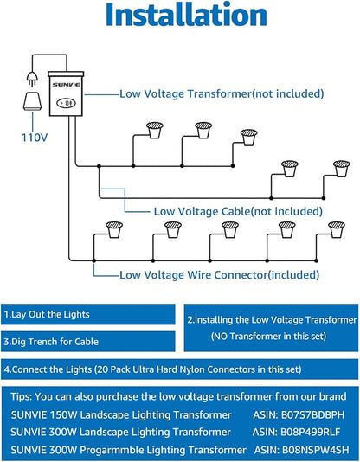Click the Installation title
tap(186, 15)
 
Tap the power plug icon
tap(32, 79)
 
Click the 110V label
tap(35, 138)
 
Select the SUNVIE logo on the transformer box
tap(66, 85)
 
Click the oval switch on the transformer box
tap(66, 104)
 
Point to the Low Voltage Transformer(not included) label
tap(222, 94)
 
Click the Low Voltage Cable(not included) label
tap(238, 211)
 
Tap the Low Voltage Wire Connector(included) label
tap(220, 275)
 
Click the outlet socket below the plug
tap(32, 101)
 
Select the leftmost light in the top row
tap(155, 130)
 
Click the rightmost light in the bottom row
tap(337, 229)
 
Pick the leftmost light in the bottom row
tap(114, 229)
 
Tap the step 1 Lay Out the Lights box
tap(88, 314)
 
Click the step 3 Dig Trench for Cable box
tap(88, 342)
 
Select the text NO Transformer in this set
tap(269, 337)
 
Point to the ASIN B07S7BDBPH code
tap(299, 415)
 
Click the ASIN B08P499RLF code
tap(296, 433)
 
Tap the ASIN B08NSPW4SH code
tap(302, 450)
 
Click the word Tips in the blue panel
tap(21, 396)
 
